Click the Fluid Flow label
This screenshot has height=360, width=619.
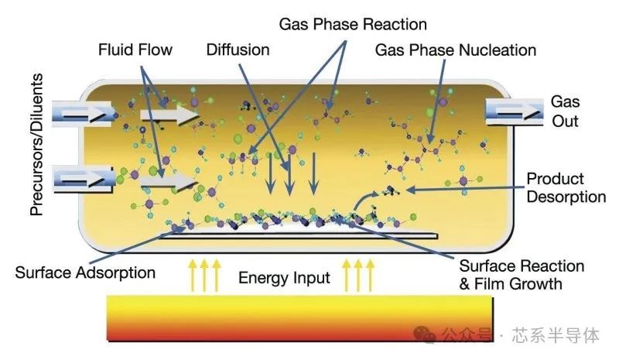point(135,50)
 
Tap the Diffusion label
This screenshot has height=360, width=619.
point(238,50)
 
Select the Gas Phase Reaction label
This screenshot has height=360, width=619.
point(353,25)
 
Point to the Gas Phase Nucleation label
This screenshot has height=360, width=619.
point(456,50)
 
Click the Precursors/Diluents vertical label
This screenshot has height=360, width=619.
point(36,144)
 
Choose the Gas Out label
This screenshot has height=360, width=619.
point(566,111)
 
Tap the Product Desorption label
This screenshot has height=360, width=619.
point(566,187)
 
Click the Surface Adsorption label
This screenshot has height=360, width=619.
point(85,273)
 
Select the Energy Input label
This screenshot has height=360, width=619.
point(284,278)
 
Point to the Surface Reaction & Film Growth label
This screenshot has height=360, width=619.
point(522,275)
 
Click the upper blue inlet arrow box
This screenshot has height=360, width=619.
point(81,114)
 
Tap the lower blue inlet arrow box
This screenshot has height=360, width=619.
point(83,180)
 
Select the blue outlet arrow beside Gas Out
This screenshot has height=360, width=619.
point(514,111)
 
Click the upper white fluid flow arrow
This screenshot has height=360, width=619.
point(169,115)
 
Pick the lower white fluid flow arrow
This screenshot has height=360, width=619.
point(168,181)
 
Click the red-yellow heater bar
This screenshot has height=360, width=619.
point(300,317)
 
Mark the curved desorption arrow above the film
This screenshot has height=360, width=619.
point(365,201)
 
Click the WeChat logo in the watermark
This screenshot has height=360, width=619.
point(424,335)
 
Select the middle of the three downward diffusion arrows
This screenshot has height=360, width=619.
point(290,174)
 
